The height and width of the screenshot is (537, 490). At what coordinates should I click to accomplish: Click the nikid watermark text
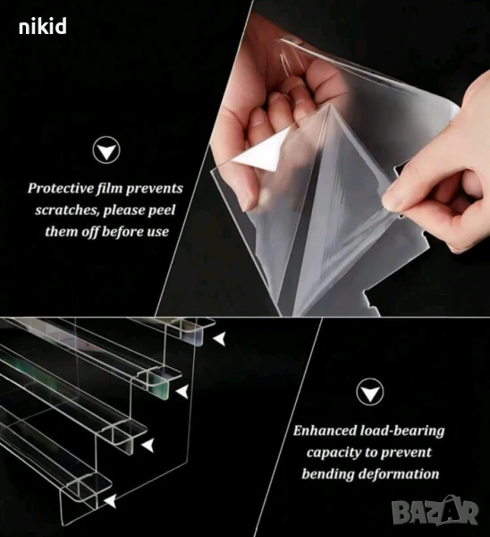pos(42,27)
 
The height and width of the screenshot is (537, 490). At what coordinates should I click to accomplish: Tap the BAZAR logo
pos(435,512)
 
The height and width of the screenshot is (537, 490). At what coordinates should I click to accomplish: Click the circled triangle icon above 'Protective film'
pos(106,150)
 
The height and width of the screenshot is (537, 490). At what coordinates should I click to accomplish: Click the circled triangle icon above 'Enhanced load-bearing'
pos(370,392)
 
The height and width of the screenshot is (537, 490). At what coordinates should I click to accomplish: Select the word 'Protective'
pos(61,188)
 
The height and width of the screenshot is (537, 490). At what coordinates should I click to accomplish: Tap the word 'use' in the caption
pos(158,232)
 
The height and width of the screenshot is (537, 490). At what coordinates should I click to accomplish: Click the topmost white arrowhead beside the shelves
pos(219,339)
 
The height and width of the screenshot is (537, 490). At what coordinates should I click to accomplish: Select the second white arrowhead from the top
pos(182,391)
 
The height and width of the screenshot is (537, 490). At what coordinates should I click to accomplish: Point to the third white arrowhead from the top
pos(148,445)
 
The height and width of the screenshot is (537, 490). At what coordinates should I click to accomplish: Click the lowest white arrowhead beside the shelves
pos(110,501)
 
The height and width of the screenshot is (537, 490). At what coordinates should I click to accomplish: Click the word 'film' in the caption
pos(109,189)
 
